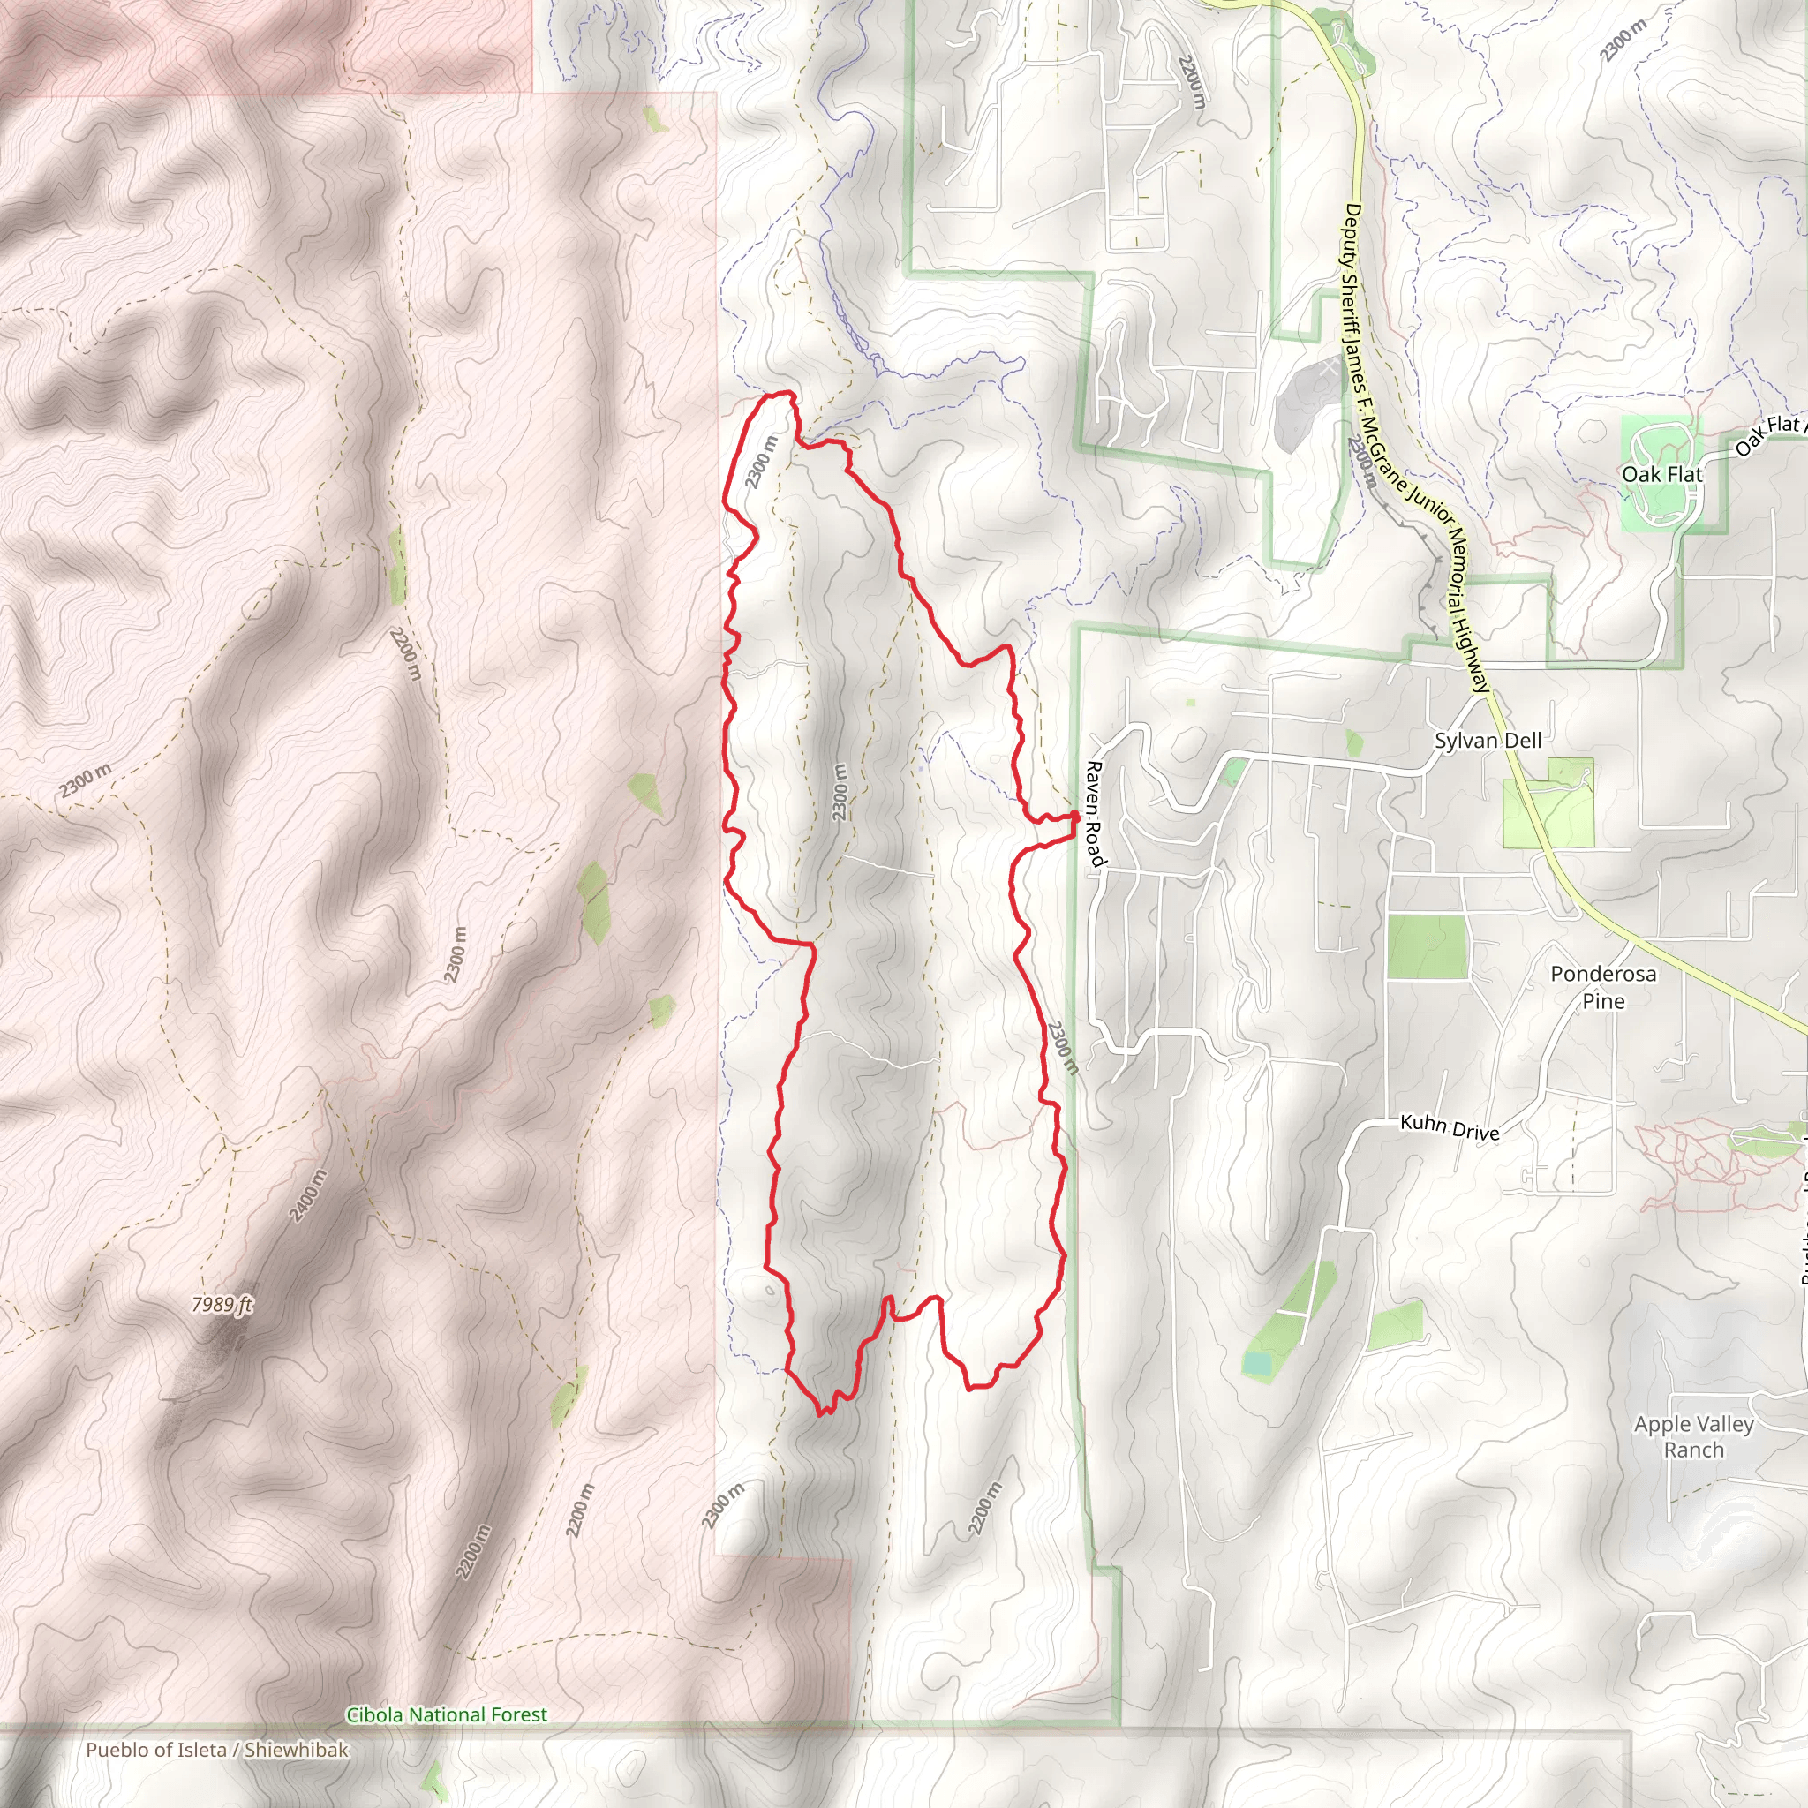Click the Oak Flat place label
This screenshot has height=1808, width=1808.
(1662, 474)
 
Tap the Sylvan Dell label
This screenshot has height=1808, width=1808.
(1488, 740)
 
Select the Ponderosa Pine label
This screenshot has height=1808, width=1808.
(1603, 986)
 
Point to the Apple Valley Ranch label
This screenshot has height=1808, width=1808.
(1694, 1436)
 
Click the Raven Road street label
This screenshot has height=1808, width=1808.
(1095, 813)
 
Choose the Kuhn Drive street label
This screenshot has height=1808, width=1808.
(1450, 1127)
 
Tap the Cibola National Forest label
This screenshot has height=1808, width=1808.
(447, 1714)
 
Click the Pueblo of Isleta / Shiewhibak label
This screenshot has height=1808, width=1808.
(217, 1749)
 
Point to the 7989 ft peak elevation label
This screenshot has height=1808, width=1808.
(222, 1305)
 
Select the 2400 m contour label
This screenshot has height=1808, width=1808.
(309, 1195)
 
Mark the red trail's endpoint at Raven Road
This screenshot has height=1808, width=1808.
(1075, 817)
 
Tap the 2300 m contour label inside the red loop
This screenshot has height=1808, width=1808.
(840, 792)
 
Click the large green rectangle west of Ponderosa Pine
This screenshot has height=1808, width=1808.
(1428, 946)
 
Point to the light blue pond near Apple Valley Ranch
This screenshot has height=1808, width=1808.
(1256, 1365)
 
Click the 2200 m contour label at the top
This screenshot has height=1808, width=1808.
(1191, 82)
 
